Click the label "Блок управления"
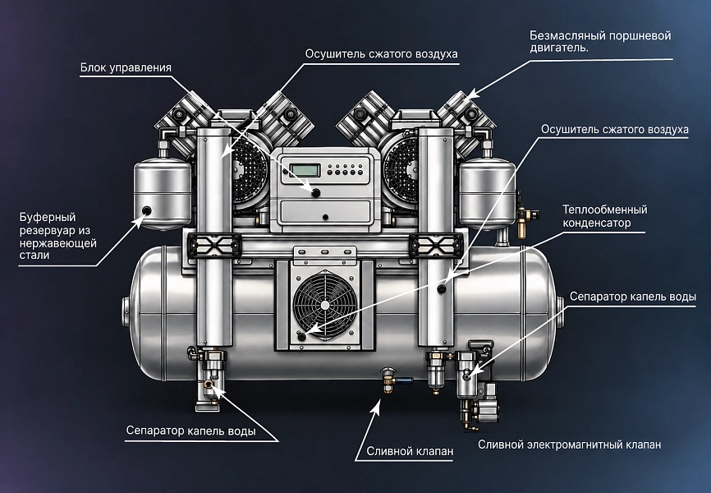(x=126, y=67)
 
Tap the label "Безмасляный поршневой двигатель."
(x=600, y=41)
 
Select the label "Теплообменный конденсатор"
(x=604, y=216)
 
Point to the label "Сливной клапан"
(x=410, y=451)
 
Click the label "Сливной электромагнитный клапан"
(x=569, y=445)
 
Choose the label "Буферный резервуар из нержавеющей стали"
(x=57, y=236)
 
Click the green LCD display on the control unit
(x=305, y=171)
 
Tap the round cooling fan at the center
(x=324, y=305)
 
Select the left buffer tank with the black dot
(x=162, y=192)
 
